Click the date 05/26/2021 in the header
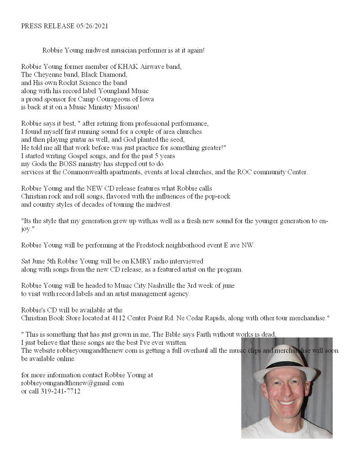coord(92,26)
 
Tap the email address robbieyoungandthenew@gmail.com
coord(72,383)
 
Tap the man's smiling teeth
coord(287,402)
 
